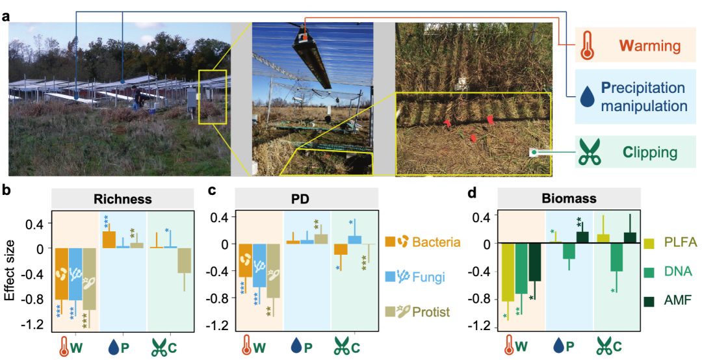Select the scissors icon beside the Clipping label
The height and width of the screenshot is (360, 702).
coord(589,152)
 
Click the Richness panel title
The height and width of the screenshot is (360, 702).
coord(122,199)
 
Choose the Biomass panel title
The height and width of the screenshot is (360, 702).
coord(569,198)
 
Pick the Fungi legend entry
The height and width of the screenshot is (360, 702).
coord(415,277)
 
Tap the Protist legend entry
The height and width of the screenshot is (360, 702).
coord(417,311)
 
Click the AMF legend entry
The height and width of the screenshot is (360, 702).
coord(668,300)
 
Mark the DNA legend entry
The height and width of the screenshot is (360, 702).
coord(668,272)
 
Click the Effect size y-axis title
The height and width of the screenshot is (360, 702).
coord(11,270)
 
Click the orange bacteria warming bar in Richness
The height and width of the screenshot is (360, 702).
coord(61,274)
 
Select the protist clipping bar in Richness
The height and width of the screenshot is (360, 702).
coord(184,260)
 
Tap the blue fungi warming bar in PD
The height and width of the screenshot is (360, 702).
coord(259,266)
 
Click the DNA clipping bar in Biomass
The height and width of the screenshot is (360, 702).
coord(616,257)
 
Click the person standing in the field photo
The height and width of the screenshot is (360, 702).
coord(136,99)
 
